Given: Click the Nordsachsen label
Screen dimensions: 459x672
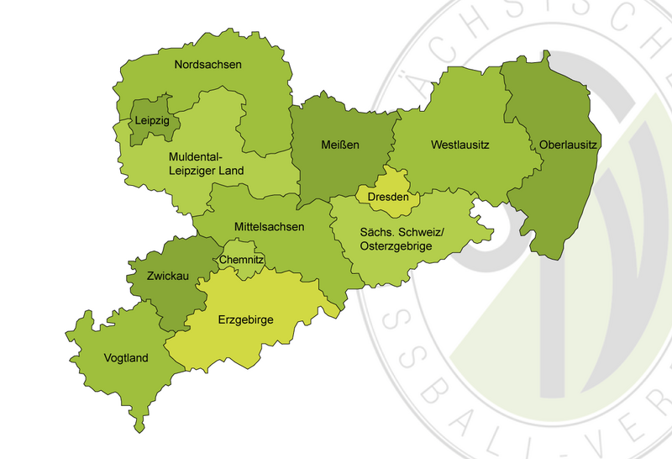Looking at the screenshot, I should pyautogui.click(x=207, y=64).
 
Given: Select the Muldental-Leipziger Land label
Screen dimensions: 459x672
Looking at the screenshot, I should pyautogui.click(x=206, y=164).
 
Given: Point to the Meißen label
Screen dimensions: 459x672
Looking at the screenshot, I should pyautogui.click(x=340, y=145).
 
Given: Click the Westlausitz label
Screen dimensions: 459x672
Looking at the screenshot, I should pyautogui.click(x=459, y=145).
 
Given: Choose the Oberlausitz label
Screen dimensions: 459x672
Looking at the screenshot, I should pyautogui.click(x=569, y=145).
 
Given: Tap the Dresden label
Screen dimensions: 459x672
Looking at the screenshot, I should pyautogui.click(x=388, y=198).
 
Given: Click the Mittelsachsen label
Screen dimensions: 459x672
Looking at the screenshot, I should pyautogui.click(x=269, y=226).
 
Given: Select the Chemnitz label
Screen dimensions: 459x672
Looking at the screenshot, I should pyautogui.click(x=242, y=261).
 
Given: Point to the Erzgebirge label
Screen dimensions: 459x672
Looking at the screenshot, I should pyautogui.click(x=245, y=319).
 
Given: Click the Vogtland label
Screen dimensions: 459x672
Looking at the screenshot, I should pyautogui.click(x=125, y=358).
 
